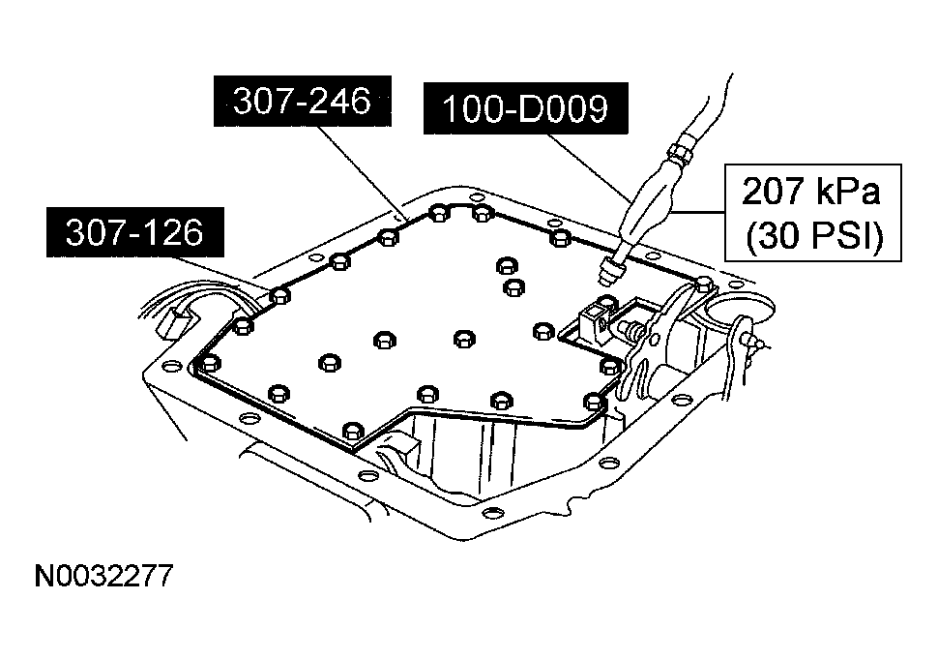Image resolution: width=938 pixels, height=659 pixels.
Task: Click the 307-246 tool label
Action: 303,102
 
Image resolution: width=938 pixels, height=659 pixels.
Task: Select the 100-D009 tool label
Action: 525,109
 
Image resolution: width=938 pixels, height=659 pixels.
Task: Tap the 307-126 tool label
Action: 134,232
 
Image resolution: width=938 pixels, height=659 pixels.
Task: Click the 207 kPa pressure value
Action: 811,192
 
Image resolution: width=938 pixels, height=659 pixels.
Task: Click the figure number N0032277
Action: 103,577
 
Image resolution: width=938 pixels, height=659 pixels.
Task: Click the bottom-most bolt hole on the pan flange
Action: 491,512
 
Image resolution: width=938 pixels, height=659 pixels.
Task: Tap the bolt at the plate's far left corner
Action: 209,364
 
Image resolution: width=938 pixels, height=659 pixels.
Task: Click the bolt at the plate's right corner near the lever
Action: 703,283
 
